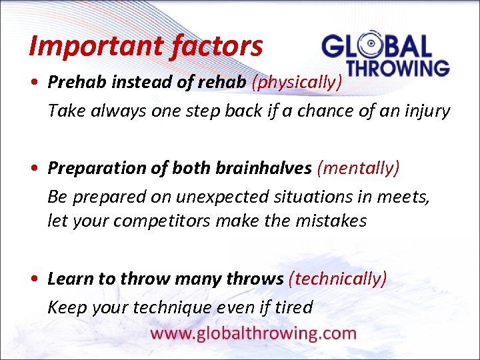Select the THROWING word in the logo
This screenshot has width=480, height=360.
(399, 68)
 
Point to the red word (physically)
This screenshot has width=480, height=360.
(297, 82)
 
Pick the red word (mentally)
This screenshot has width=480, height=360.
(359, 169)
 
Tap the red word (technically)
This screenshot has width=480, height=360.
(337, 279)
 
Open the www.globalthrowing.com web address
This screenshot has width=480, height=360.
(253, 333)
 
